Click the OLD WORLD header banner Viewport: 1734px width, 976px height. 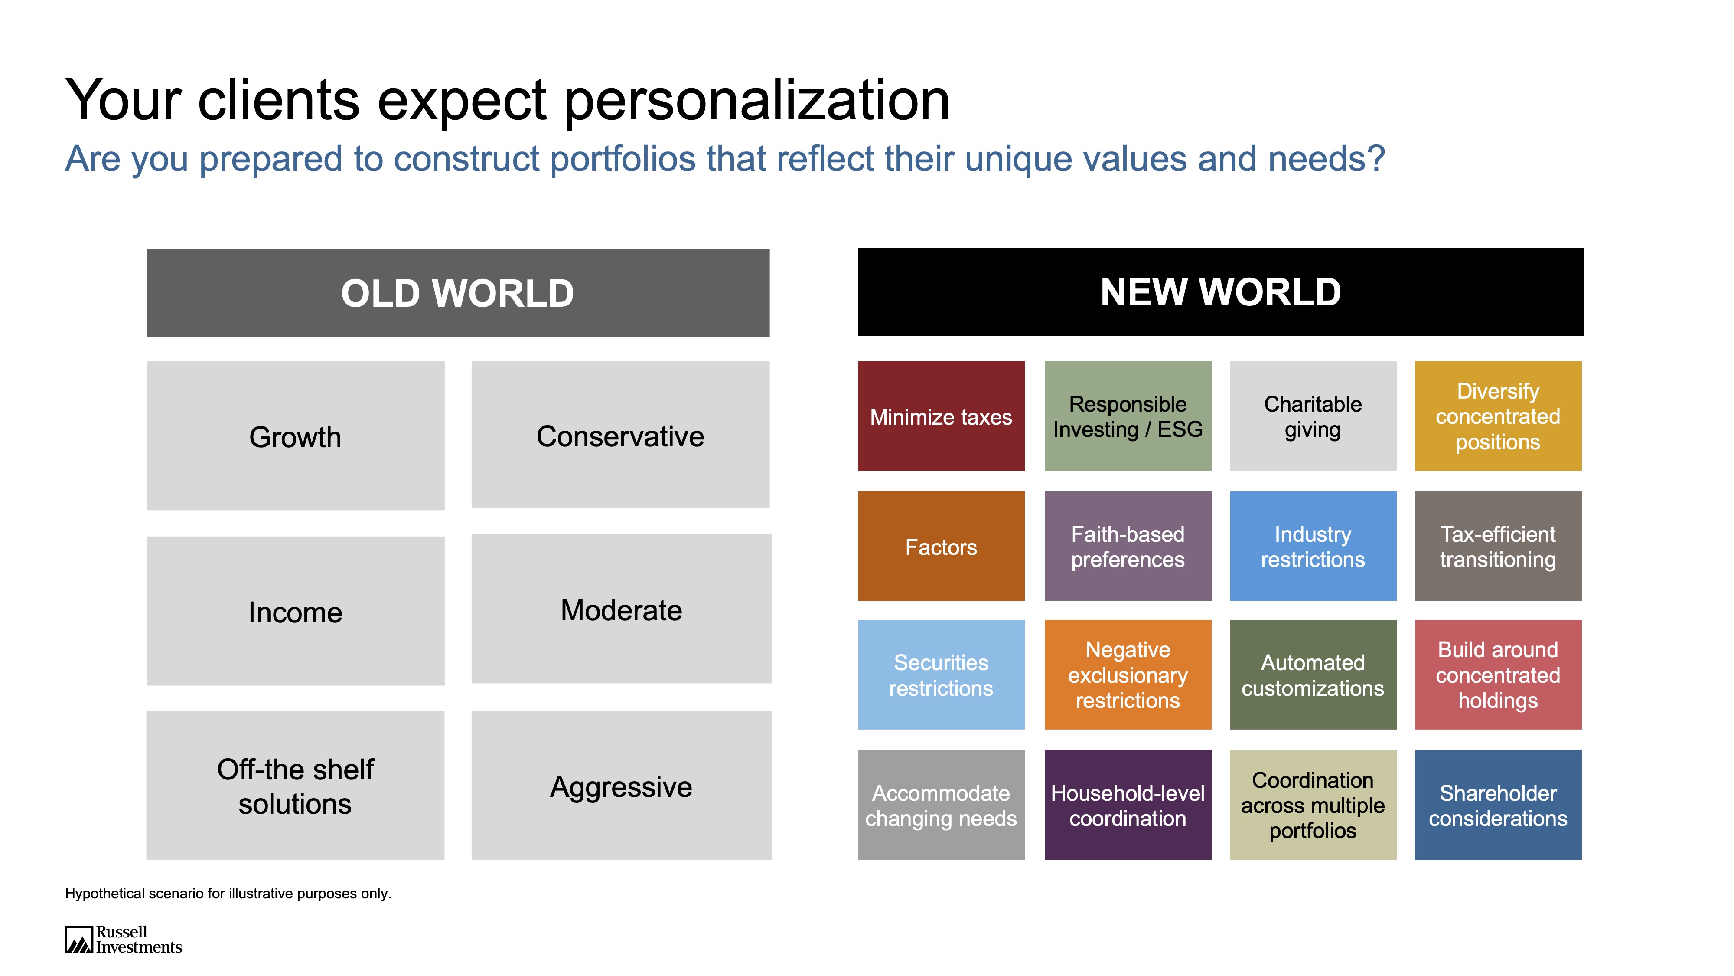click(x=458, y=293)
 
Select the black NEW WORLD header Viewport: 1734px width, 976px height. click(x=1220, y=291)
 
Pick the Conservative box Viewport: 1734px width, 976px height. click(x=620, y=435)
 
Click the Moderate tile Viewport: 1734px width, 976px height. click(x=621, y=609)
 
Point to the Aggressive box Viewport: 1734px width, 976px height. click(x=621, y=786)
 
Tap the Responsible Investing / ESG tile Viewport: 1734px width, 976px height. click(x=1128, y=416)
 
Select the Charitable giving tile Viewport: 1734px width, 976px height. click(x=1313, y=416)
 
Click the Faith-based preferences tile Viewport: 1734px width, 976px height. click(x=1128, y=546)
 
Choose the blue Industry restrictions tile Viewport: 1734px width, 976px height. click(x=1313, y=546)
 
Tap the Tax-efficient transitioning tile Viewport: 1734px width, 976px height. click(x=1498, y=546)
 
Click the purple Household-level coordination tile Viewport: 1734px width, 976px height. click(x=1128, y=805)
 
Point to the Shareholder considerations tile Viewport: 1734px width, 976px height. click(x=1498, y=805)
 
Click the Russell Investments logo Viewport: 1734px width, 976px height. click(x=123, y=940)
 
